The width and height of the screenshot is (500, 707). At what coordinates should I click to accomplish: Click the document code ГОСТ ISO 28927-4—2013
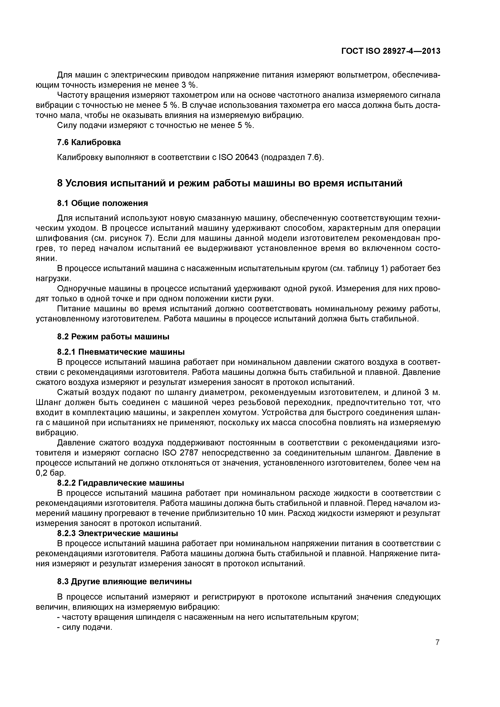[x=391, y=51]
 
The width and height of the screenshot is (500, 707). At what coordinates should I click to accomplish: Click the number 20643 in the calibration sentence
[x=246, y=157]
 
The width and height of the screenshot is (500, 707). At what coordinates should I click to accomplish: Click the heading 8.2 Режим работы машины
[x=113, y=337]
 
